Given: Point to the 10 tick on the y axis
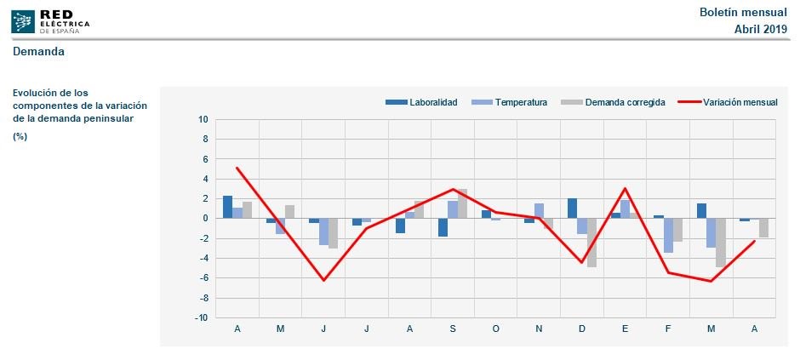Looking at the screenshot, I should pyautogui.click(x=203, y=119).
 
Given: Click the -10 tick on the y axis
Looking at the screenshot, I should pyautogui.click(x=202, y=317).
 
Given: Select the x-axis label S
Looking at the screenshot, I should pyautogui.click(x=453, y=329).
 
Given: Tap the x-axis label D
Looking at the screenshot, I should pyautogui.click(x=581, y=329).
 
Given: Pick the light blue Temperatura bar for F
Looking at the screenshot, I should pyautogui.click(x=668, y=235).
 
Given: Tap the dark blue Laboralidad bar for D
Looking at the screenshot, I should pyautogui.click(x=572, y=209).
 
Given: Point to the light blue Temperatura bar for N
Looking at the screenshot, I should pyautogui.click(x=539, y=211).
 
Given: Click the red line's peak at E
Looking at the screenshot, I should pyautogui.click(x=625, y=188).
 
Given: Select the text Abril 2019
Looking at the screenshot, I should pyautogui.click(x=761, y=29).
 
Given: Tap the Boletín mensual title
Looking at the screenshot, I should pyautogui.click(x=743, y=12).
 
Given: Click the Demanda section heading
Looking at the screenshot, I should pyautogui.click(x=38, y=52).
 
